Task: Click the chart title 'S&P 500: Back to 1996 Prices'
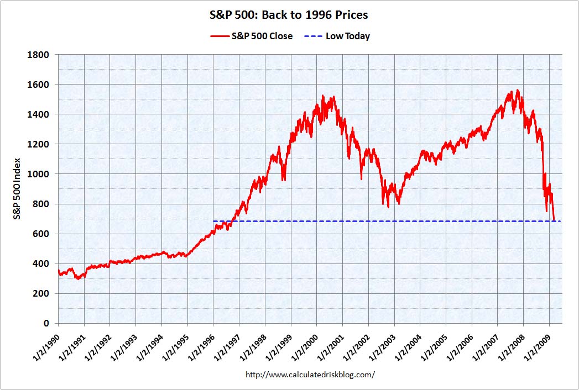[289, 15]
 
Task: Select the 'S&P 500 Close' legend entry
[251, 36]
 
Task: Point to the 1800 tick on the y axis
[40, 55]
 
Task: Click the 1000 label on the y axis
[40, 174]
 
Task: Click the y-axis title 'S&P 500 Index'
[18, 189]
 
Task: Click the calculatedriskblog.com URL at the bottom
[310, 375]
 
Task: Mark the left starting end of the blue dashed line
[214, 222]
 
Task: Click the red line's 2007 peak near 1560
[517, 91]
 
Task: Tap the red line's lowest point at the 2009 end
[554, 221]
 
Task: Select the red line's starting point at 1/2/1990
[58, 270]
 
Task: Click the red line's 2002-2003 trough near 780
[389, 207]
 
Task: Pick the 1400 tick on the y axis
[40, 114]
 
